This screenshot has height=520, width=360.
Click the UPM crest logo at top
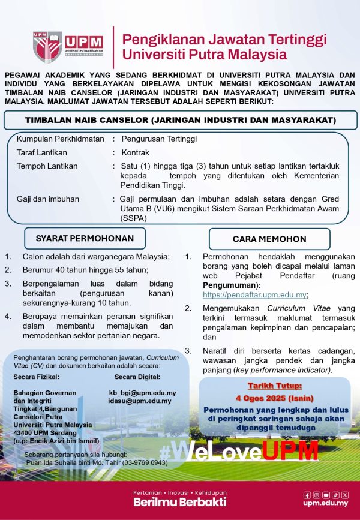(x=47, y=47)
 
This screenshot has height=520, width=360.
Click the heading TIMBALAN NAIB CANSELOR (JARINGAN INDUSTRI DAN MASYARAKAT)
(x=180, y=120)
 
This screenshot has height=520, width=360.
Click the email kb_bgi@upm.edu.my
(x=142, y=392)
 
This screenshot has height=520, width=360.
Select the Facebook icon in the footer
(x=307, y=495)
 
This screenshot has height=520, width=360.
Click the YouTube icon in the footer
(x=326, y=495)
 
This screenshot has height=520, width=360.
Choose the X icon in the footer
(x=344, y=495)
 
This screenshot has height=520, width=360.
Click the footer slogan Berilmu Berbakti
(x=171, y=501)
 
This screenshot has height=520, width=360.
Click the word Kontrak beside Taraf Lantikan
(x=135, y=152)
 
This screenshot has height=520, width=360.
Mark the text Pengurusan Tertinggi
(x=158, y=139)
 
